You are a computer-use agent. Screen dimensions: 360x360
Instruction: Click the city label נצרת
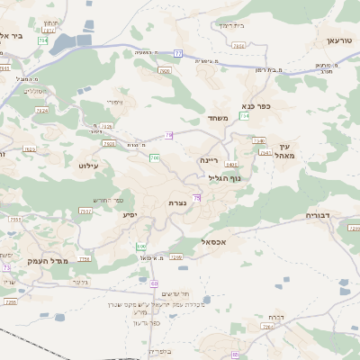tap(176, 204)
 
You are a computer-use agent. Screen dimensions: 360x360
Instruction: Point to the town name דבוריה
tap(319, 215)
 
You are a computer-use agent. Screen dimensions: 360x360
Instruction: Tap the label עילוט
tap(88, 166)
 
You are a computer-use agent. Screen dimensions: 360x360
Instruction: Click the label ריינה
tap(209, 159)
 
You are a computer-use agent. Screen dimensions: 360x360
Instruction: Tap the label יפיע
tap(129, 215)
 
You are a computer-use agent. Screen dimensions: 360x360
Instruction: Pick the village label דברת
tap(277, 317)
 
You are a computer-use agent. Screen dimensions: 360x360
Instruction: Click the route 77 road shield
tap(178, 54)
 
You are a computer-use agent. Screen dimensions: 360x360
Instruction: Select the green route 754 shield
tap(244, 116)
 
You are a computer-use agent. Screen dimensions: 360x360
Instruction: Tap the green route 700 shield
tap(154, 158)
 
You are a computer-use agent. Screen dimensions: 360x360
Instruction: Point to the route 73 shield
tap(6, 267)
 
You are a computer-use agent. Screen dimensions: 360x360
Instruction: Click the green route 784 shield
tap(43, 41)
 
